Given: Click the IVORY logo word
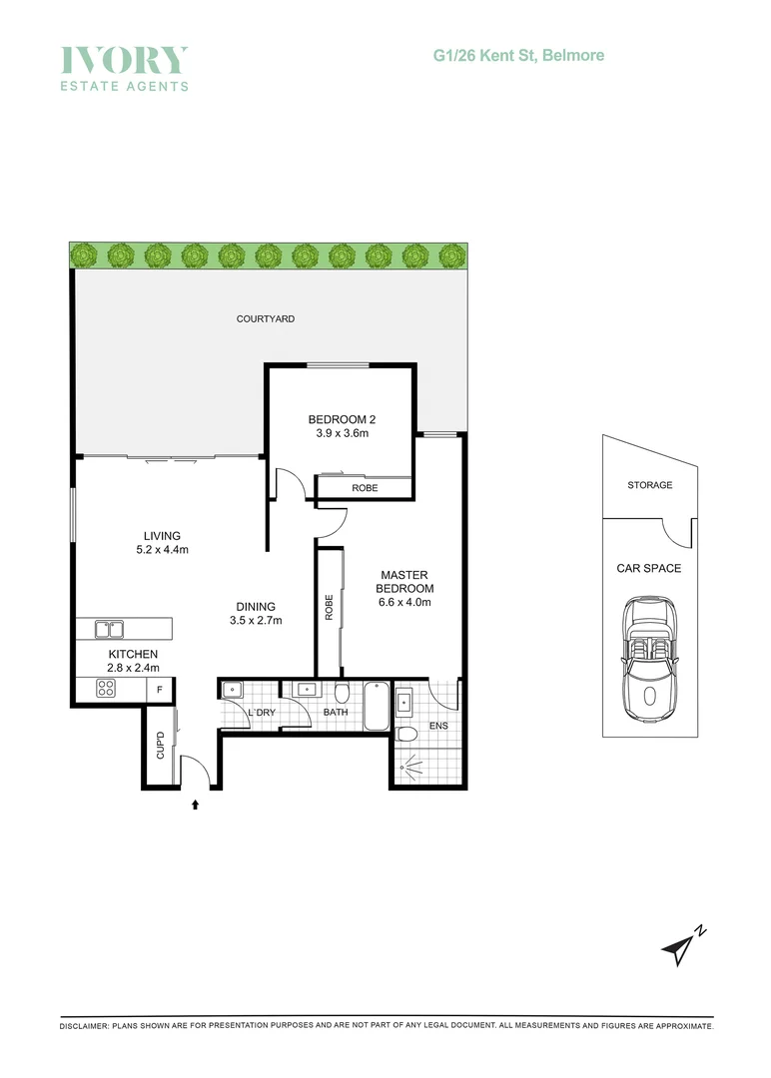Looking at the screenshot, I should pyautogui.click(x=124, y=60).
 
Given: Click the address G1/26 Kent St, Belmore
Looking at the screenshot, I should pyautogui.click(x=518, y=56).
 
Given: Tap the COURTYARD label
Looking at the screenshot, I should pyautogui.click(x=265, y=319).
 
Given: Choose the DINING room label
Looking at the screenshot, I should pyautogui.click(x=256, y=606).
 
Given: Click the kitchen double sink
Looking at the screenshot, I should pyautogui.click(x=110, y=629).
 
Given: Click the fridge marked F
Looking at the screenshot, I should pyautogui.click(x=159, y=689).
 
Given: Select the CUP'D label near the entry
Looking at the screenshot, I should pyautogui.click(x=159, y=748).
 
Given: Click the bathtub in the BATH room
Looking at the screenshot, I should pyautogui.click(x=376, y=705).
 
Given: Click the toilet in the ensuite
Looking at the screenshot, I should pyautogui.click(x=406, y=735).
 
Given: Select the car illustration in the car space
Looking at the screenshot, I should pyautogui.click(x=649, y=659).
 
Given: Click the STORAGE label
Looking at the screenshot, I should pyautogui.click(x=649, y=485).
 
